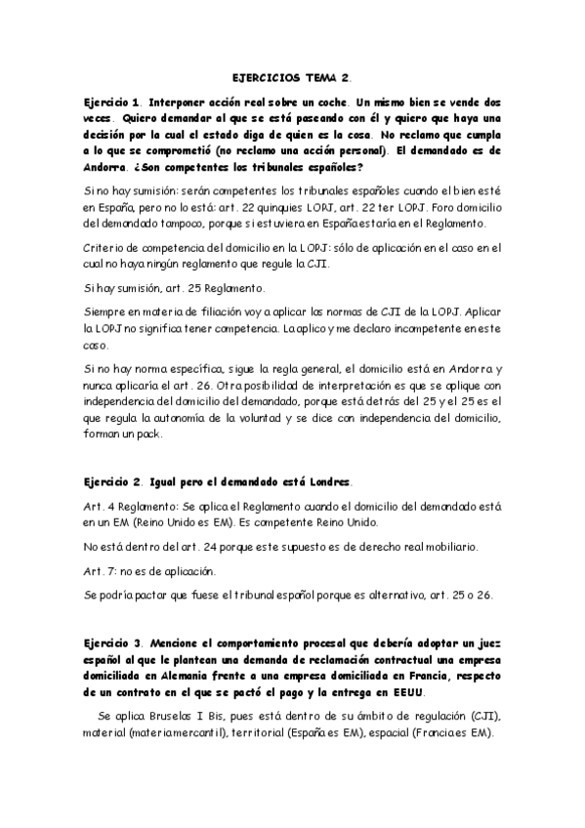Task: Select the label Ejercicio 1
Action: pos(112,101)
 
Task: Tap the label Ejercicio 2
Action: pos(112,483)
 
